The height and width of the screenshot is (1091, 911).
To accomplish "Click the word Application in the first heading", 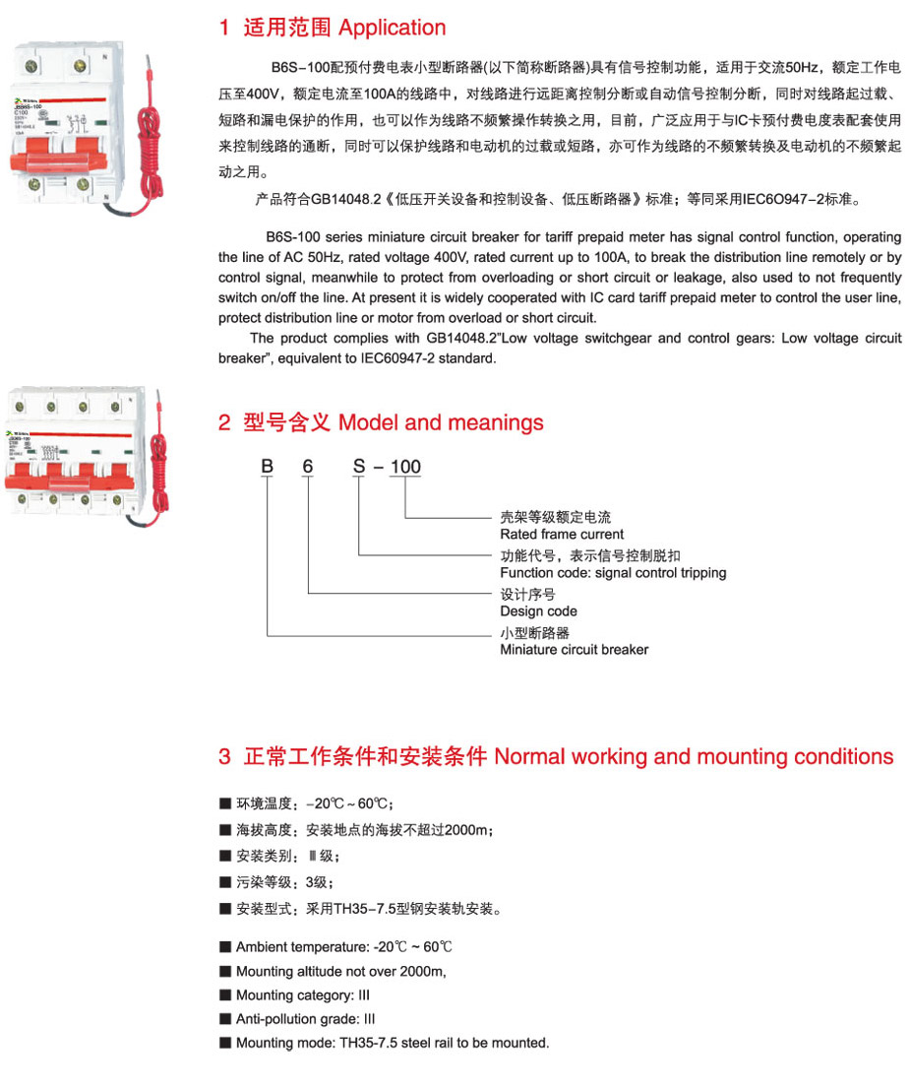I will [392, 29].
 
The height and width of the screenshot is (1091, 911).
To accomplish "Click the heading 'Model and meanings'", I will [440, 423].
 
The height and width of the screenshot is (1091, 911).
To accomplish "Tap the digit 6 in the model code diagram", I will [308, 467].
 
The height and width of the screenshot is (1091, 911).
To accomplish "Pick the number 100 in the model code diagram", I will [405, 467].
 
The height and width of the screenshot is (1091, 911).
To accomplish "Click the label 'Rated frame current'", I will [562, 535].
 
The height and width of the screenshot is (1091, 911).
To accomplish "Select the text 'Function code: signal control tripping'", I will [613, 573].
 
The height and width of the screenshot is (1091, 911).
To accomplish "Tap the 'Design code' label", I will [538, 611].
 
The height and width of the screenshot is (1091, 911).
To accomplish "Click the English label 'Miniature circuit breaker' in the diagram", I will [574, 650].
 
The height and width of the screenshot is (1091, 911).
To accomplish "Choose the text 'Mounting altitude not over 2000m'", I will [340, 972].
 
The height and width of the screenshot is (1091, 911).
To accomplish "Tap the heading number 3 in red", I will [224, 757].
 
